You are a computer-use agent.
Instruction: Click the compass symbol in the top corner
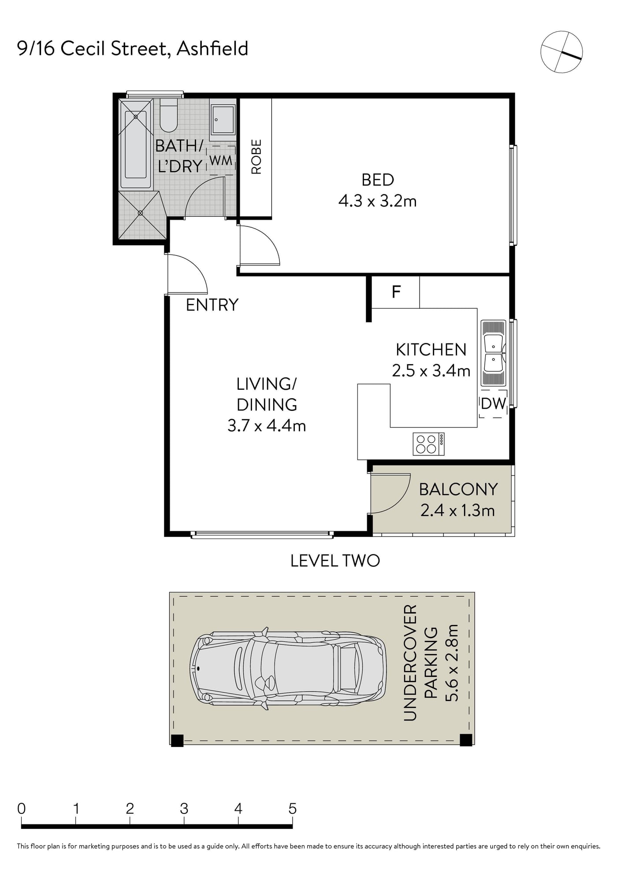pos(561,52)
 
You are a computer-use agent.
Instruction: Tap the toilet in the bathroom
pos(168,115)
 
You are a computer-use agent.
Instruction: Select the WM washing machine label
pos(221,160)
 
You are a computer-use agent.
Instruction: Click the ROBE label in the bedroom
pos(256,157)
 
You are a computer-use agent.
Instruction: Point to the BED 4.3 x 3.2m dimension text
pos(377,190)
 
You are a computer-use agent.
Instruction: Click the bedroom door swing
pos(260,245)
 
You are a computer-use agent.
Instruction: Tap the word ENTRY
pos(212,305)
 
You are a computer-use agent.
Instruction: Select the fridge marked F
pos(396,292)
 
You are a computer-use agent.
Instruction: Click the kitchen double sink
pos(493,354)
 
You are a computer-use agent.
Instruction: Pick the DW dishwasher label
pos(493,403)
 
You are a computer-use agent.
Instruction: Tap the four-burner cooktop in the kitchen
pos(428,444)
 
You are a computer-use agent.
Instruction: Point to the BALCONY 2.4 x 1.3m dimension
pos(458,500)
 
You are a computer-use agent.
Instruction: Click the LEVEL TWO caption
pos(335,561)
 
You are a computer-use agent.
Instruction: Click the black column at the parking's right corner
pos(466,740)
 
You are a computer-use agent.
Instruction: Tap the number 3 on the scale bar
pos(184,809)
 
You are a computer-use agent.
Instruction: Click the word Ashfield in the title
pos(212,48)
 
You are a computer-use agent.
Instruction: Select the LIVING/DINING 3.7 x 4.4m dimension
pos(267,405)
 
